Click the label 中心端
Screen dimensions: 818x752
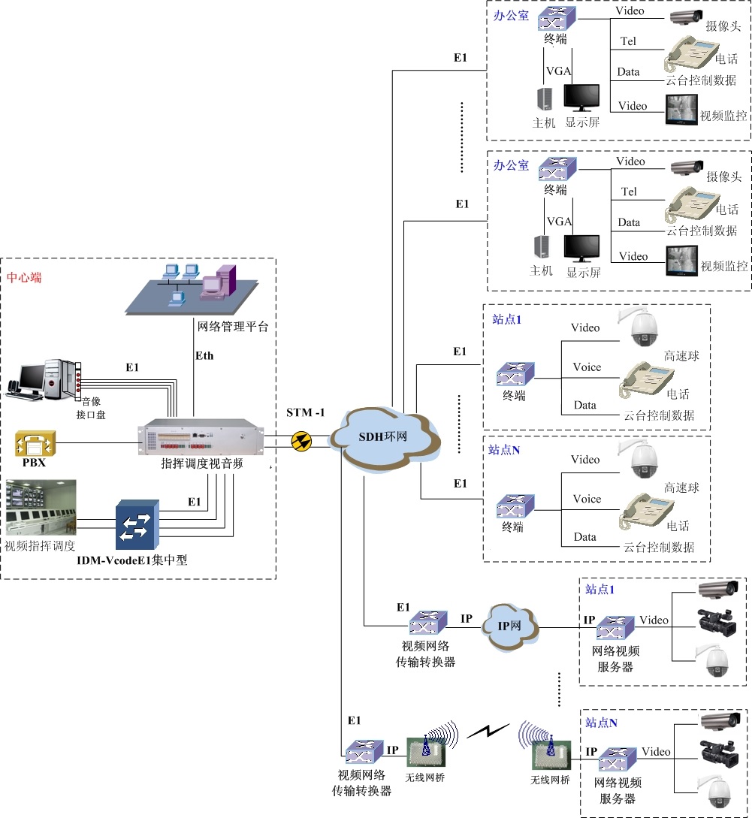click(x=24, y=277)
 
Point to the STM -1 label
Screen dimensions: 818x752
click(x=305, y=413)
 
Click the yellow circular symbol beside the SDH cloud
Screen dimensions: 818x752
click(x=301, y=441)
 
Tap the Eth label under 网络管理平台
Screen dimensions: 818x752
click(x=204, y=355)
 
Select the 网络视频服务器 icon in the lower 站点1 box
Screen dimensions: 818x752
click(x=616, y=629)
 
